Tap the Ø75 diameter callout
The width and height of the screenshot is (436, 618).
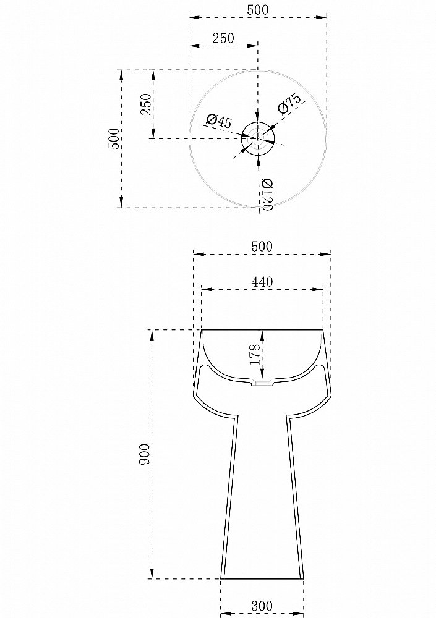coord(289,104)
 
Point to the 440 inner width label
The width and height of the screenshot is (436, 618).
coord(262,282)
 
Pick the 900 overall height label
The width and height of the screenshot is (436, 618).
coord(143,455)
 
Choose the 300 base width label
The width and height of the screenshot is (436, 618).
coord(262,606)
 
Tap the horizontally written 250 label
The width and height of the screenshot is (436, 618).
coord(223,38)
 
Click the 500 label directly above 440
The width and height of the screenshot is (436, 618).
coord(262,246)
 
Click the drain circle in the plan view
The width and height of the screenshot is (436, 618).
coord(258,138)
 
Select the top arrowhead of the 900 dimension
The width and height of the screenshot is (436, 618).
coord(152,334)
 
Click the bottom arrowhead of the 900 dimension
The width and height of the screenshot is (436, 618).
coord(152,575)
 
